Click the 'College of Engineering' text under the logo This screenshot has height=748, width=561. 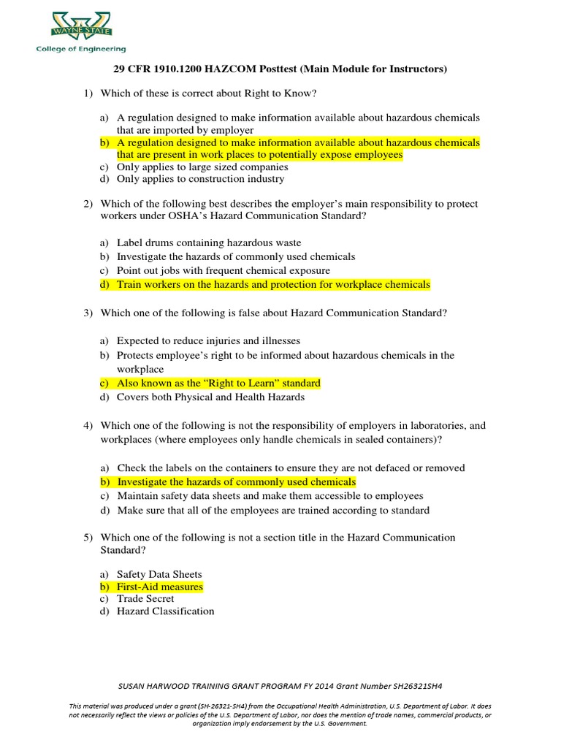81,50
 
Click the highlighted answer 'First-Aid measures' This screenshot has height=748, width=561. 160,587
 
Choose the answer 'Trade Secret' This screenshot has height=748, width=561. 145,599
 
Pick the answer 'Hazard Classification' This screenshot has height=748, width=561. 165,611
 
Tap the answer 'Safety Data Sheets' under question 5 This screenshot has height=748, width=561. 159,574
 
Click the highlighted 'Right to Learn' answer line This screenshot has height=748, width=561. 218,383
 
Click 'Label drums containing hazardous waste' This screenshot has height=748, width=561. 209,243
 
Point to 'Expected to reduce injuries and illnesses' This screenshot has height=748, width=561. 208,341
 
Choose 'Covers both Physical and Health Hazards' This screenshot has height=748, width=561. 210,397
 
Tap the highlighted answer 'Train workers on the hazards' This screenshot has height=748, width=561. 273,285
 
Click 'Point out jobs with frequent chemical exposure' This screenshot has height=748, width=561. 224,271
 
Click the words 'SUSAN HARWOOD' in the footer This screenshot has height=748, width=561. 150,687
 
